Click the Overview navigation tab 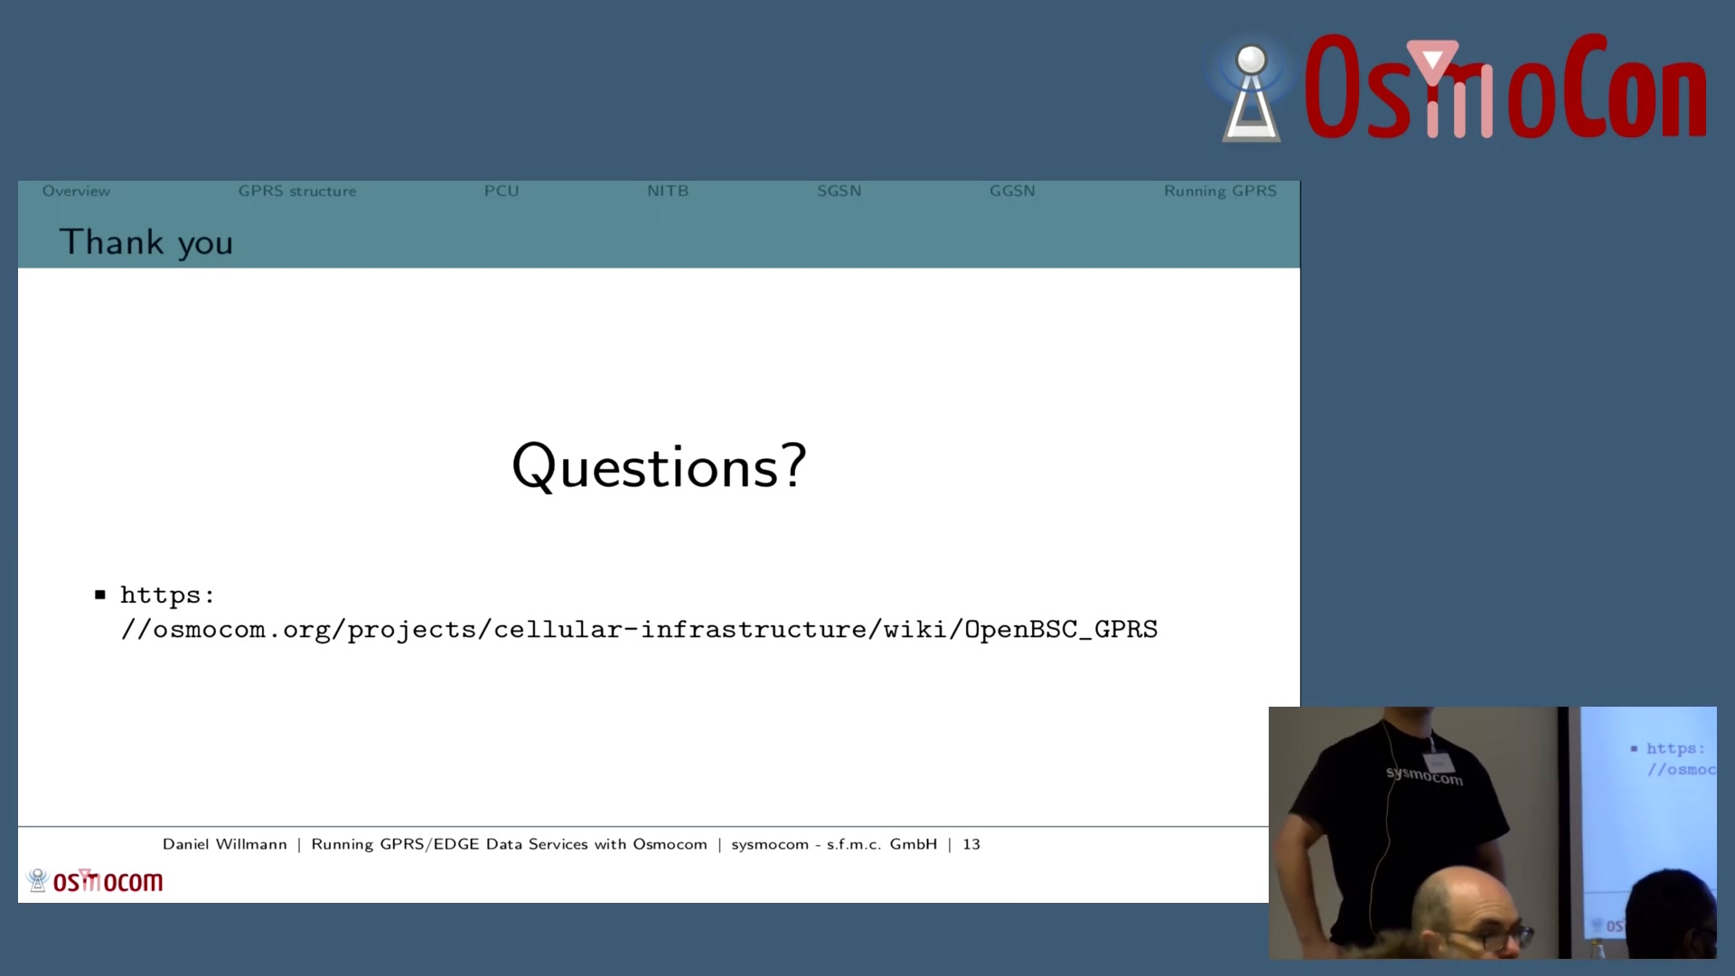click(x=76, y=191)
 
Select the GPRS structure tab click(x=297, y=191)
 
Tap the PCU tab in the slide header click(x=502, y=191)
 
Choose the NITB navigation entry click(x=668, y=191)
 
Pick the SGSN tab click(x=839, y=191)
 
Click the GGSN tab click(x=1012, y=191)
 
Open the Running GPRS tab click(x=1220, y=191)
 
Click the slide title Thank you click(x=146, y=242)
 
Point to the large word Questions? click(x=659, y=467)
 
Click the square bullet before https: click(x=100, y=595)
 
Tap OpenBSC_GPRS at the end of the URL click(x=1061, y=629)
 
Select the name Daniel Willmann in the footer click(x=225, y=844)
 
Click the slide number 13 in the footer click(x=971, y=844)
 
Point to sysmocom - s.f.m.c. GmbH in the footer click(x=834, y=844)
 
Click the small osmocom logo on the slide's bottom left click(x=95, y=880)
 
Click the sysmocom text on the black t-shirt click(x=1424, y=776)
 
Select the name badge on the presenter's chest click(x=1438, y=761)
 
